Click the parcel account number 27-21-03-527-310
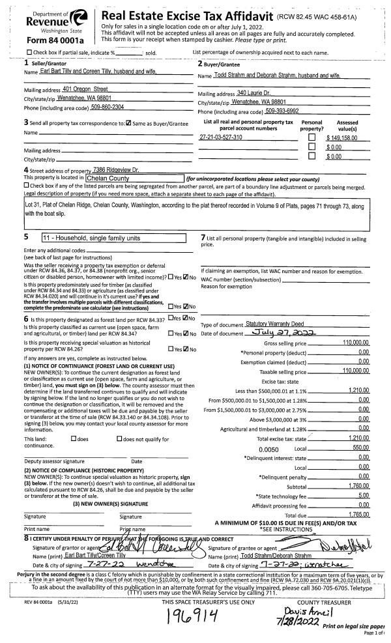221,137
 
